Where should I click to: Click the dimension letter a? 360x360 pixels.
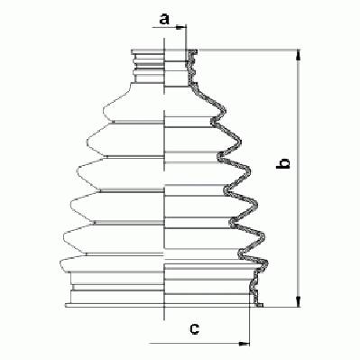pyautogui.click(x=164, y=19)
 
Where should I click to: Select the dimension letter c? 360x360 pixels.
pyautogui.click(x=195, y=328)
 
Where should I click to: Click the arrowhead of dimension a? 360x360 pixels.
pyautogui.click(x=181, y=27)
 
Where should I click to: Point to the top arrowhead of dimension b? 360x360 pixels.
pyautogui.click(x=298, y=56)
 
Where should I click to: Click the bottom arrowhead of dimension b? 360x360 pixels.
pyautogui.click(x=298, y=301)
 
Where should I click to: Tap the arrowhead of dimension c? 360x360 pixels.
pyautogui.click(x=244, y=343)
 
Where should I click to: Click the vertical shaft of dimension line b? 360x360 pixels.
pyautogui.click(x=298, y=179)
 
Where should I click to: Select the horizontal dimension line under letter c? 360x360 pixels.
pyautogui.click(x=199, y=343)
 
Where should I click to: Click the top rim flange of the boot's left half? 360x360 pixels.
pyautogui.click(x=148, y=51)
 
